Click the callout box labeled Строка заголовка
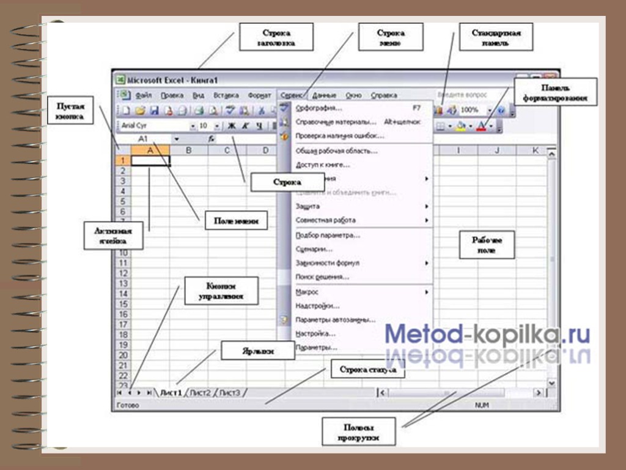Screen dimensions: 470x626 click(x=276, y=37)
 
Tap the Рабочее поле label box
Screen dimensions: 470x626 click(x=486, y=245)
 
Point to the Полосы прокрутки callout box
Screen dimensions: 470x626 click(x=359, y=432)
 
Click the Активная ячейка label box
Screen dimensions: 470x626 click(x=114, y=235)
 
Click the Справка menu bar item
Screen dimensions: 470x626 click(x=384, y=95)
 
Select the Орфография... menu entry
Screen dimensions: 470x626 click(x=319, y=108)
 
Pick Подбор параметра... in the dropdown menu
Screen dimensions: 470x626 click(x=328, y=234)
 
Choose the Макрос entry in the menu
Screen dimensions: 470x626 click(x=307, y=292)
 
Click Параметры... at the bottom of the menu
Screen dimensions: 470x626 click(x=316, y=348)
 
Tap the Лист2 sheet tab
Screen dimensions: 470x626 click(x=201, y=392)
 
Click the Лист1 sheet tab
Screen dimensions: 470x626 click(x=171, y=392)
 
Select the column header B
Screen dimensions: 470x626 click(x=189, y=150)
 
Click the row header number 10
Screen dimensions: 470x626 click(x=122, y=253)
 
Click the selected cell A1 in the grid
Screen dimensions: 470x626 click(x=150, y=161)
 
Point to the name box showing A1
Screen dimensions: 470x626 click(x=147, y=139)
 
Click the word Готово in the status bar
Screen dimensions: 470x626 click(x=128, y=405)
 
